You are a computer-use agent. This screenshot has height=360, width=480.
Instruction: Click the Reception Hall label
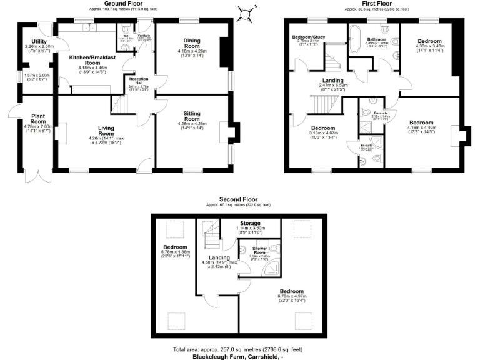pos(136,82)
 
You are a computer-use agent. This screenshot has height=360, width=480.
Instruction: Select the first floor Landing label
pos(332,80)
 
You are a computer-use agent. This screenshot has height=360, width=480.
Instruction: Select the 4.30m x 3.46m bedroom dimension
pos(430,46)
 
